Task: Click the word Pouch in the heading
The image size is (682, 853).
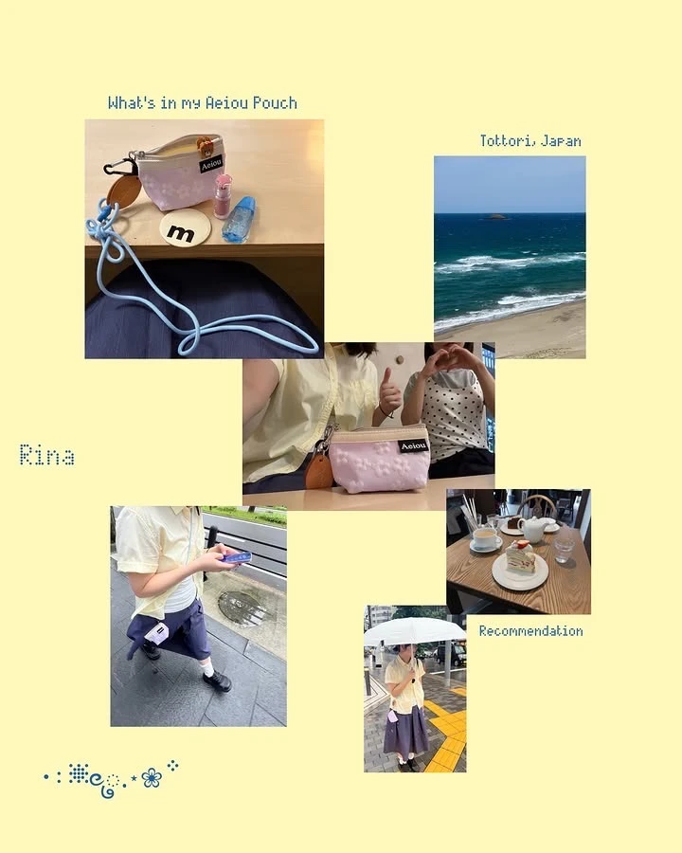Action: [275, 102]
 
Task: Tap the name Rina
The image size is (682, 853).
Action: [46, 455]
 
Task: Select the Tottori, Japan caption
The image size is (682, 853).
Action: [530, 141]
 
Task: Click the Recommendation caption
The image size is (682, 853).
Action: [530, 631]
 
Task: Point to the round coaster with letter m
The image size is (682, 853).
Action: [186, 228]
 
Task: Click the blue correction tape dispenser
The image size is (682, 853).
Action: [240, 219]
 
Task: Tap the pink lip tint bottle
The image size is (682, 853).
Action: [223, 196]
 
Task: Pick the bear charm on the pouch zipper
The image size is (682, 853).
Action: [206, 147]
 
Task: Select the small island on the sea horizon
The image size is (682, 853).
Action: [494, 216]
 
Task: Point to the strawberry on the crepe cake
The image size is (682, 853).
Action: [522, 544]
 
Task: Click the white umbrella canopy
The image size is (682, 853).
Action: [415, 631]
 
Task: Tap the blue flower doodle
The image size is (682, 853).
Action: [152, 777]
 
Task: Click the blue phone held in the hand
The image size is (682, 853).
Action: [237, 557]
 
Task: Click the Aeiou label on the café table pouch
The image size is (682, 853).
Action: [414, 446]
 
